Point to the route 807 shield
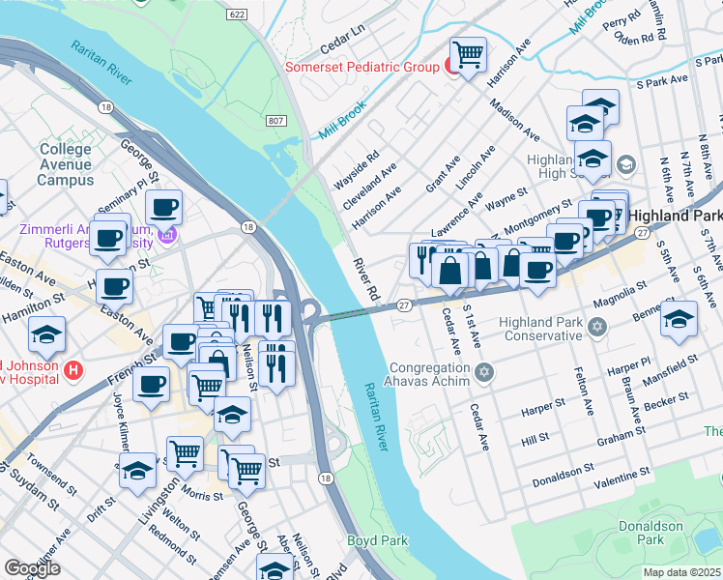(275, 119)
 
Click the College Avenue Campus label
(66, 165)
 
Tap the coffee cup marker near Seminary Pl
(163, 206)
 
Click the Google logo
(32, 568)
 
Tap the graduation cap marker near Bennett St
(680, 318)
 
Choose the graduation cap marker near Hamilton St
(46, 333)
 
